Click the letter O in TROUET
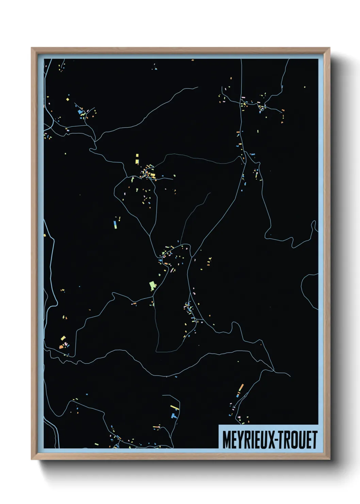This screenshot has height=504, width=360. [x=295, y=440]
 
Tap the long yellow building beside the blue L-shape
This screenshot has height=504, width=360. [x=175, y=407]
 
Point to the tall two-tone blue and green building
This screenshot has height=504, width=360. [x=115, y=224]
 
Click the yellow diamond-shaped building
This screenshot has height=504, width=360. [x=67, y=99]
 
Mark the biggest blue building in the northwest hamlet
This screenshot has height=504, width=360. [x=80, y=112]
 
